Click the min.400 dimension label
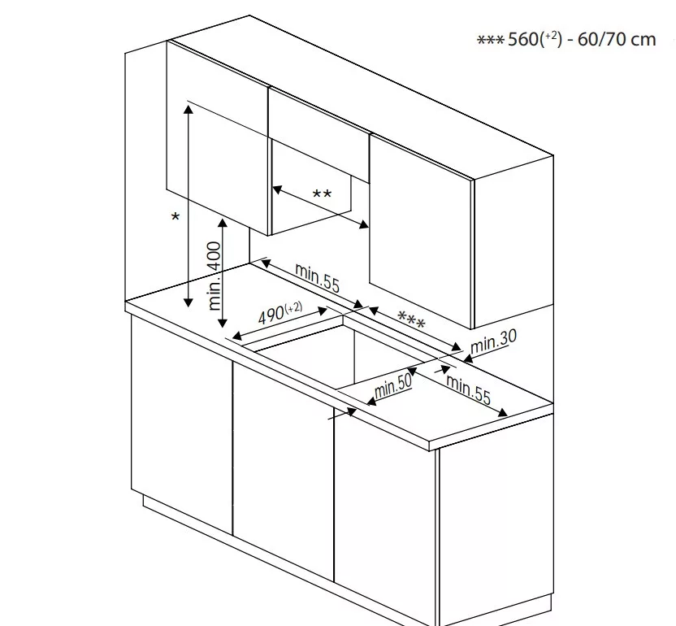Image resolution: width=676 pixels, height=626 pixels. (x=214, y=276)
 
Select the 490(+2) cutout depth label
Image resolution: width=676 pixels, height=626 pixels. (x=280, y=313)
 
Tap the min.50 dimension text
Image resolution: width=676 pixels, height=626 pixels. (x=392, y=386)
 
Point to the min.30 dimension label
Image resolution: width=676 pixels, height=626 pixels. (x=493, y=341)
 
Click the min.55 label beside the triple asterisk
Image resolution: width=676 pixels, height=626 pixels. (x=318, y=277)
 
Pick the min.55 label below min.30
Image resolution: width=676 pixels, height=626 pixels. (x=468, y=389)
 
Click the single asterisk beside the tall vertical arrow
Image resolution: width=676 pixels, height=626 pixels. (x=175, y=217)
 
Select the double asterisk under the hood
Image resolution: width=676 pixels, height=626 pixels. (x=322, y=194)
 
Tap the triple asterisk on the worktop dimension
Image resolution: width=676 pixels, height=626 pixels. (x=411, y=320)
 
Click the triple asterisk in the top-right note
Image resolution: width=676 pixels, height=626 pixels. (x=490, y=40)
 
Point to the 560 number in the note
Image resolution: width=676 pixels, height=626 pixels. (x=523, y=39)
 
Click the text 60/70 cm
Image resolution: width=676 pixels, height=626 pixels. (x=617, y=39)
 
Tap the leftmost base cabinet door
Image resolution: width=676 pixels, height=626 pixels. (x=182, y=425)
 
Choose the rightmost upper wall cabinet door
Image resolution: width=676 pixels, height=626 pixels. (x=420, y=231)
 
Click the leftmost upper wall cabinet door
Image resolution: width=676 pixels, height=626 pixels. (x=218, y=138)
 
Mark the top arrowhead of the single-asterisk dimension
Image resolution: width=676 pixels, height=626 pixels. (x=188, y=109)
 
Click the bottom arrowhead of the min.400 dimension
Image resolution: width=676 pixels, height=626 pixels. (x=223, y=323)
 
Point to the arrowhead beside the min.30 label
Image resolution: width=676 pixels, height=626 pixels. (x=468, y=357)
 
